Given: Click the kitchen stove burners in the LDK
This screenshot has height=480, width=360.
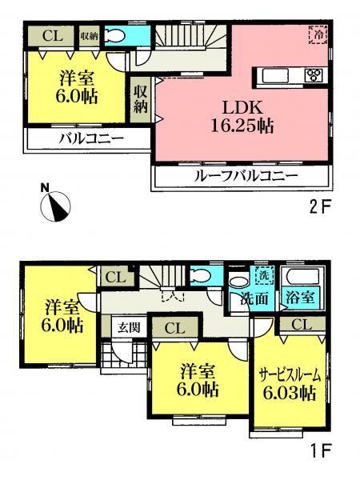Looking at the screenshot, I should [312, 77].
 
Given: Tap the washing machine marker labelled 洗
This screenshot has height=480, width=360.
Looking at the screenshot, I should [262, 276].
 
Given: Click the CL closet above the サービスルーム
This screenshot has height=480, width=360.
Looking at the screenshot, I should [300, 324].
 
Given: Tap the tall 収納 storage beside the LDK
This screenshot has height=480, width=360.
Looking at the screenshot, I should [141, 97].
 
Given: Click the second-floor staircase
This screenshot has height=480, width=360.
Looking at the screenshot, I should [181, 38].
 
